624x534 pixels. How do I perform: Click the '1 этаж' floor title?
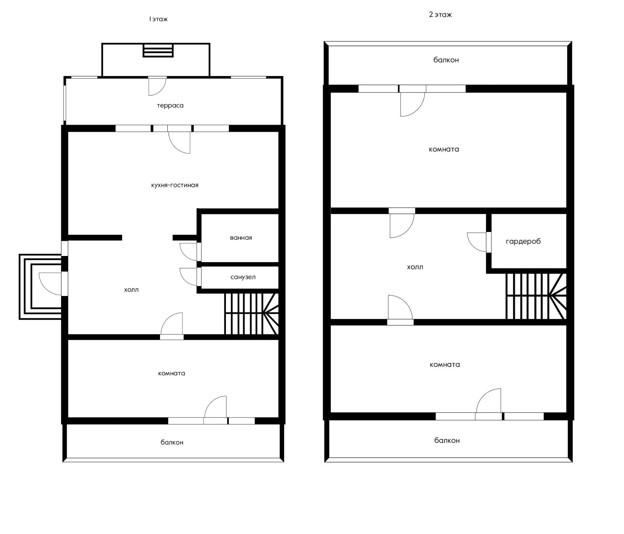(x=158, y=19)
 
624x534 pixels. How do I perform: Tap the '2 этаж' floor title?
(x=440, y=15)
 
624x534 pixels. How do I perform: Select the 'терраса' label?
(x=170, y=106)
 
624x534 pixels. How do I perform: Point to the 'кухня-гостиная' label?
(x=175, y=185)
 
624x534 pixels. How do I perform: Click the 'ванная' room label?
(x=241, y=238)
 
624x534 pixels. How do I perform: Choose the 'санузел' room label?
(x=243, y=277)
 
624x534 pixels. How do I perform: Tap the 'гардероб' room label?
(x=523, y=242)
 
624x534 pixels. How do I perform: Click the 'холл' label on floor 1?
(x=131, y=290)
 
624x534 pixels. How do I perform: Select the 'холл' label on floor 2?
(x=415, y=267)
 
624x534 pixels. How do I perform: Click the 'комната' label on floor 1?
(x=171, y=373)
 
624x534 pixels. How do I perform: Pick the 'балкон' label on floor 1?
(x=172, y=442)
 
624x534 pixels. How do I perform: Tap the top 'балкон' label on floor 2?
(x=446, y=60)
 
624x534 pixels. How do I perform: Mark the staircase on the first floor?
(x=251, y=314)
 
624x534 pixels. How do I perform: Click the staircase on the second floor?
(x=536, y=296)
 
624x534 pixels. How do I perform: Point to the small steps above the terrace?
(x=158, y=50)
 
